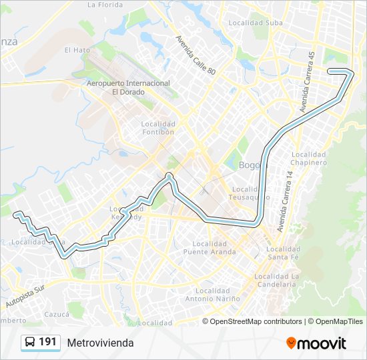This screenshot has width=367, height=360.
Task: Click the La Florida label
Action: coord(105,5)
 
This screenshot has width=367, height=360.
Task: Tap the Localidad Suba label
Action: coord(255,23)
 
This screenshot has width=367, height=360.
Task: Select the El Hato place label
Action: coord(77,50)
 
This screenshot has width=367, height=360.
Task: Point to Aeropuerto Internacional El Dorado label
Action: coord(129,87)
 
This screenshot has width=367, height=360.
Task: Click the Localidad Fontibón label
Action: coord(158,128)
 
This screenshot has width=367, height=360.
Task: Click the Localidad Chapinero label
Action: coord(309,158)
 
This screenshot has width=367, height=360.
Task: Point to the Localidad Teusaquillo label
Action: coord(249,193)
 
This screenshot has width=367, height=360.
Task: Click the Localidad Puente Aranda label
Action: coord(214,248)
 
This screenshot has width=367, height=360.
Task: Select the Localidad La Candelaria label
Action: coord(275,280)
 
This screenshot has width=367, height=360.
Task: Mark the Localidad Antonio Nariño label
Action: coord(218,295)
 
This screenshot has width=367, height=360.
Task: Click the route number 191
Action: coord(47,342)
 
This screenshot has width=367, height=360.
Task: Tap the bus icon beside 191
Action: coord(30,343)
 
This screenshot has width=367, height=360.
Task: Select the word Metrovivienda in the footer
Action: coord(100,343)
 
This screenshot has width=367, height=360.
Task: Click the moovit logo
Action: coord(316,343)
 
